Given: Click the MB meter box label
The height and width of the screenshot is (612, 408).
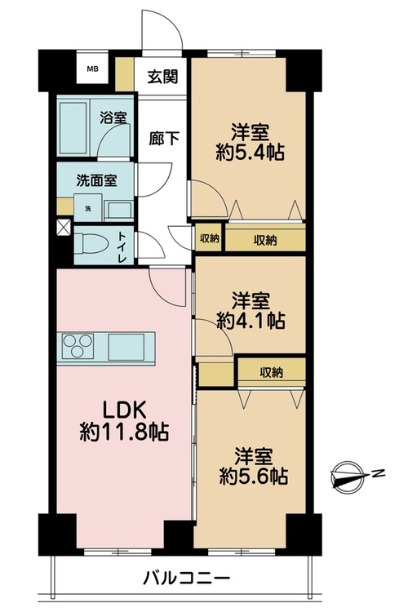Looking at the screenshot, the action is (x=92, y=69).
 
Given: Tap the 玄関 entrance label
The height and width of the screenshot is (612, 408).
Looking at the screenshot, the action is (x=162, y=77).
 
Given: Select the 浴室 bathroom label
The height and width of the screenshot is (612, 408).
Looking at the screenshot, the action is (x=113, y=118).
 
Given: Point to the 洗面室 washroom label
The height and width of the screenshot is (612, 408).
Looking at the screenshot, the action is (x=96, y=180).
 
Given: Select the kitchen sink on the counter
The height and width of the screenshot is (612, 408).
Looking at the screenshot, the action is (x=126, y=347).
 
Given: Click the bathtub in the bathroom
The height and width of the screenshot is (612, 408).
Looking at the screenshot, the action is (x=73, y=127).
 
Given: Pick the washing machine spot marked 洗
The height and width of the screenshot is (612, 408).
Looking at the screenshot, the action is (x=89, y=209).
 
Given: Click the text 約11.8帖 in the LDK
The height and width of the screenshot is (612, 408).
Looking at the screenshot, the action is (x=124, y=432).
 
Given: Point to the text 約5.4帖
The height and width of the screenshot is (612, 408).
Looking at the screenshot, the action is (x=251, y=152).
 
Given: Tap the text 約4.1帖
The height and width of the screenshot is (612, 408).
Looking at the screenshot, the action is (x=251, y=321).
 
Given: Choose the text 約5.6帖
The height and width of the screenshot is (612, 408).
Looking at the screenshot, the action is (x=254, y=476).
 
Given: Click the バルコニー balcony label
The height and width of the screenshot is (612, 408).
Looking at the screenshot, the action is (x=186, y=577).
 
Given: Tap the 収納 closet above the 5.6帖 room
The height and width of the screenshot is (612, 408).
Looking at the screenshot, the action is (x=272, y=373).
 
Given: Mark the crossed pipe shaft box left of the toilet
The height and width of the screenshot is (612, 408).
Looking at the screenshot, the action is (x=64, y=228).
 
